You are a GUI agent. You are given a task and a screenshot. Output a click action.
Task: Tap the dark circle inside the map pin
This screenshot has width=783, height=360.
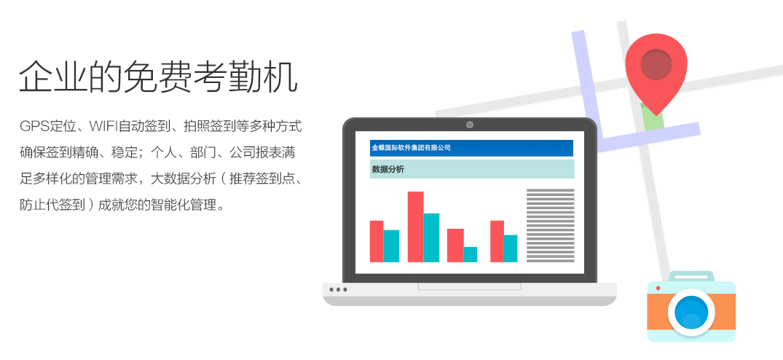(x=656, y=64)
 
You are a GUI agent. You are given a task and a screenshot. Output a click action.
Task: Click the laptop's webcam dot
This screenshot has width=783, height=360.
(x=469, y=125)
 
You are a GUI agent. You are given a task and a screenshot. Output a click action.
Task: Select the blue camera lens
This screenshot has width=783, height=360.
(x=691, y=313)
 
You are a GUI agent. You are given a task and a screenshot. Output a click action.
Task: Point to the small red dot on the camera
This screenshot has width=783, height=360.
(x=658, y=288)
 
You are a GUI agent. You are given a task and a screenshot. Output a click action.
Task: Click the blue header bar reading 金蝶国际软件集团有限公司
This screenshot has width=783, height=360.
(x=471, y=148)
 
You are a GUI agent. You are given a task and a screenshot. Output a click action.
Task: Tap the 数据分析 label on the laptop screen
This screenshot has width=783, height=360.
(x=388, y=169)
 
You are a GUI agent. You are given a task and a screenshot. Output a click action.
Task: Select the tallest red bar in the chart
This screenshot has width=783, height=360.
(x=415, y=227)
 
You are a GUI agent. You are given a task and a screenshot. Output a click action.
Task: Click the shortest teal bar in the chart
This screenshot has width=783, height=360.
(x=471, y=254)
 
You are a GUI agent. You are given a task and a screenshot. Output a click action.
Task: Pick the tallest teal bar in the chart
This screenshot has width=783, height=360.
(x=431, y=238)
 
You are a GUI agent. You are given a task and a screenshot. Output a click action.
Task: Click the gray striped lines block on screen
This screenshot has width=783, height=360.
(x=551, y=226)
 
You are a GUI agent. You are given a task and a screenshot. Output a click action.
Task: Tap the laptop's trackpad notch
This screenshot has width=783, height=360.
(x=469, y=286)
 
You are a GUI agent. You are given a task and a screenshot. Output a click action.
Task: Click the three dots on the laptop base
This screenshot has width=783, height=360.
(x=338, y=289)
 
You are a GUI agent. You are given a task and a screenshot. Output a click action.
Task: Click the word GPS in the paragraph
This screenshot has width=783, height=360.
(x=34, y=126)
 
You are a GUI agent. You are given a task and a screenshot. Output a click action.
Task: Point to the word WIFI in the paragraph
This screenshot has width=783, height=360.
(x=103, y=126)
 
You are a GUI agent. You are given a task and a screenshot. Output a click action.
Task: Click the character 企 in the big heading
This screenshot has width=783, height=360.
(x=36, y=77)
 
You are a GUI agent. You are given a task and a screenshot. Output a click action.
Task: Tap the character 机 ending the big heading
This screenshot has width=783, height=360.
(x=280, y=77)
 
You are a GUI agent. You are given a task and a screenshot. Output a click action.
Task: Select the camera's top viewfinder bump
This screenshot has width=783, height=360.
(x=692, y=276)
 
